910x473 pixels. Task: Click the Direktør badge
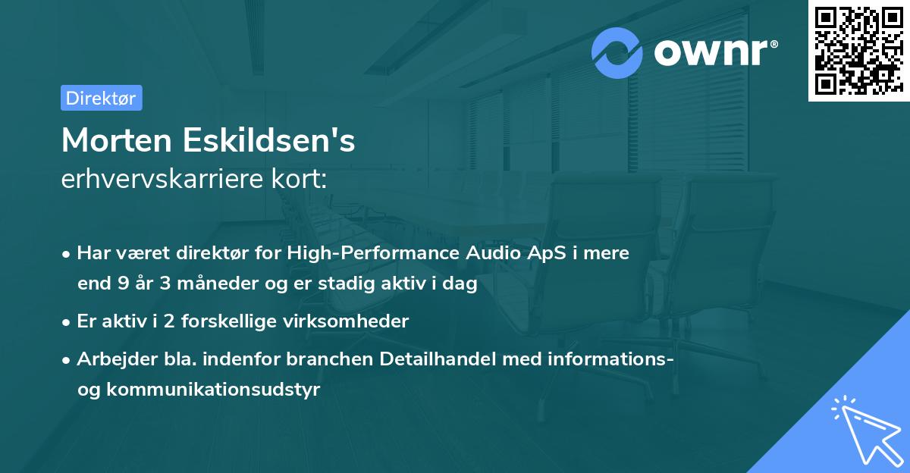pos(101,98)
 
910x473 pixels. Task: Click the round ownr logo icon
pos(617,53)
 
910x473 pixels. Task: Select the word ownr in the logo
pos(715,53)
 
